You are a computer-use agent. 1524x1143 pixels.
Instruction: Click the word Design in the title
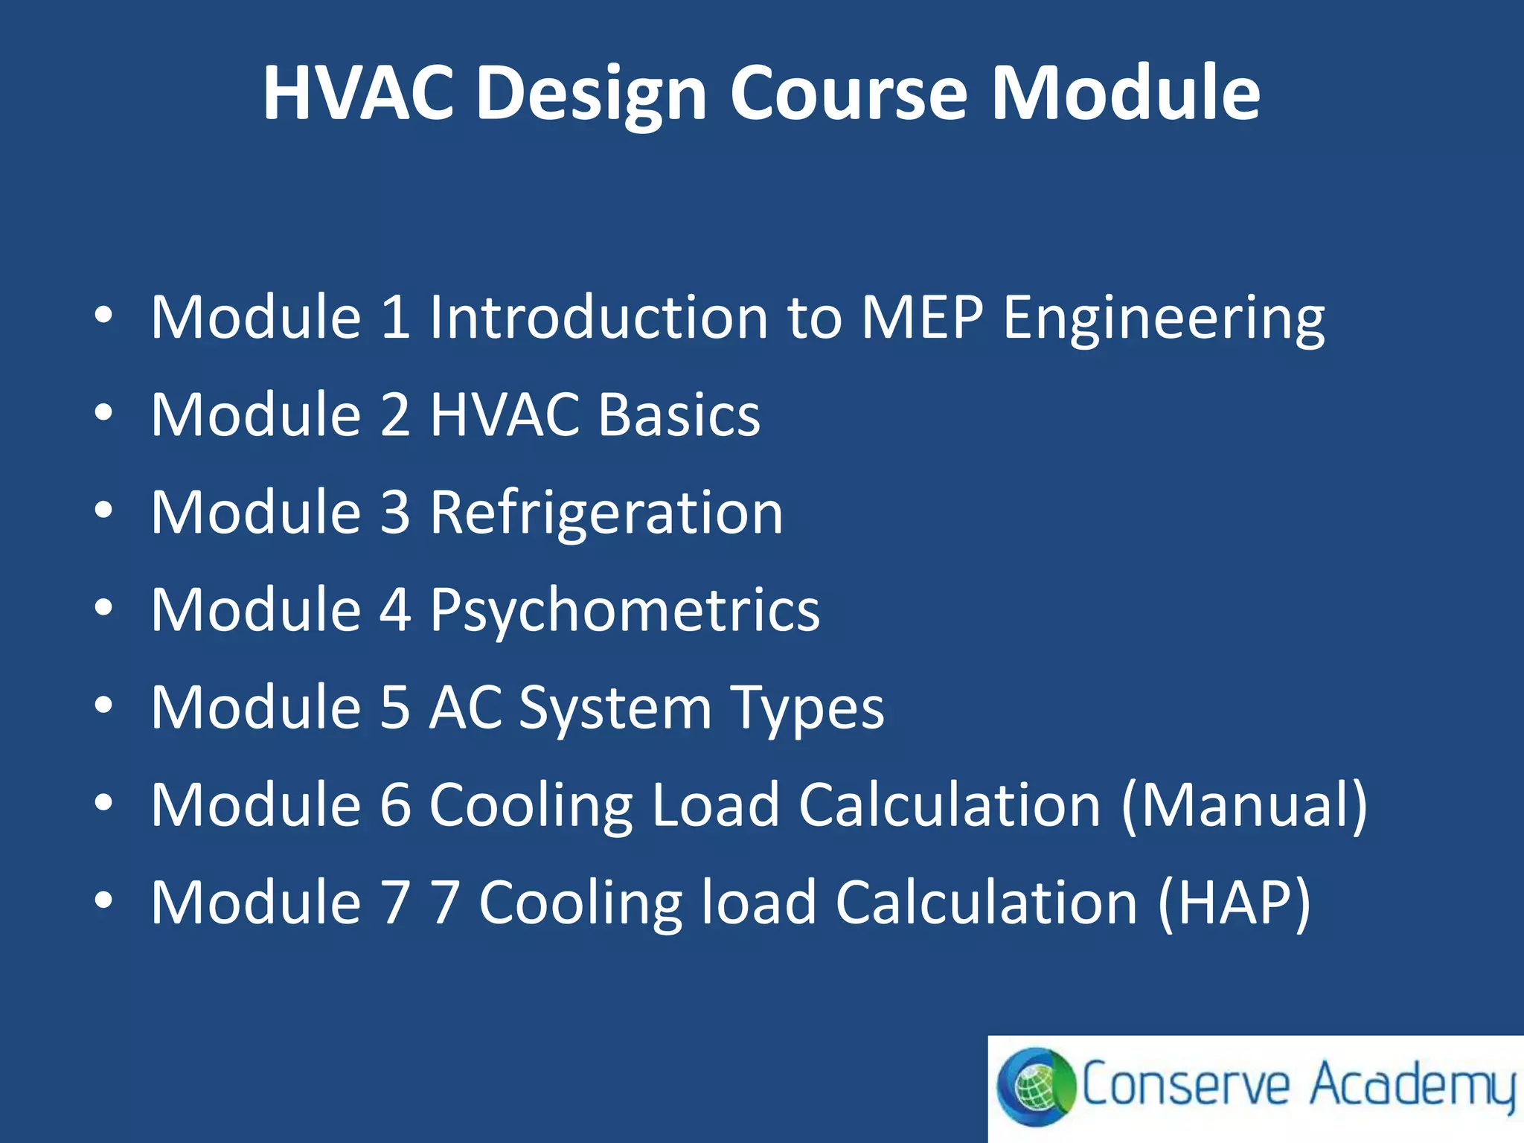click(x=591, y=95)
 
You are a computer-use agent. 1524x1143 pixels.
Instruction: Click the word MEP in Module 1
click(x=922, y=317)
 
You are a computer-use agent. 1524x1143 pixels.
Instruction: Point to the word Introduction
click(x=599, y=317)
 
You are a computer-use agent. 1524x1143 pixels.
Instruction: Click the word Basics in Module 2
click(x=679, y=414)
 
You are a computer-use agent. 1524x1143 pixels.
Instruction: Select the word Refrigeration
click(x=606, y=513)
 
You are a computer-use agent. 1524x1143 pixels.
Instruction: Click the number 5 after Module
click(x=395, y=707)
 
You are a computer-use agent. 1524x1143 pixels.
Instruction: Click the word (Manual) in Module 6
click(x=1243, y=805)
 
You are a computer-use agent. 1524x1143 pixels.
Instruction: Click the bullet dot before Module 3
click(x=103, y=510)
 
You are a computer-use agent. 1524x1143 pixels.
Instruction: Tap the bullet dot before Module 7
click(x=103, y=900)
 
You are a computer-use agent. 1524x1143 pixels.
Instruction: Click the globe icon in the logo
click(x=1036, y=1086)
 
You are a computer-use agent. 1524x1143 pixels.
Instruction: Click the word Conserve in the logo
click(x=1185, y=1085)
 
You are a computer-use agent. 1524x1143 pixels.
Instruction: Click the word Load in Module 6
click(x=714, y=805)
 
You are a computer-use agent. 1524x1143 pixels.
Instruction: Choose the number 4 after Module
click(x=395, y=609)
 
